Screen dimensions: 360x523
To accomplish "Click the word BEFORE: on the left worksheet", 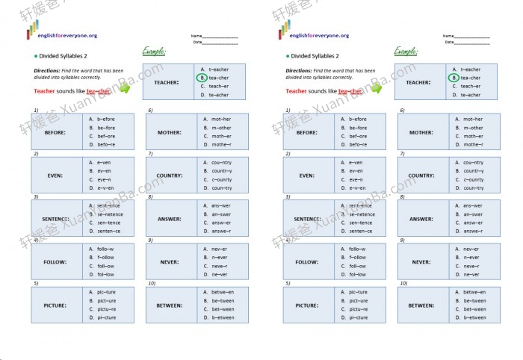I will click(55, 132).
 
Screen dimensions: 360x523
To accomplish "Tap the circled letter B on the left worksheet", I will click(201, 78).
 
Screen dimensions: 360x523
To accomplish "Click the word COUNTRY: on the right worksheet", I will click(421, 176).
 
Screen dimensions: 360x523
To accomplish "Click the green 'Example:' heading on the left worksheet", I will click(155, 51).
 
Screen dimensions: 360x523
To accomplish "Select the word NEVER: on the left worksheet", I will click(170, 262).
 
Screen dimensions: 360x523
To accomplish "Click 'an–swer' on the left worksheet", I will click(221, 214).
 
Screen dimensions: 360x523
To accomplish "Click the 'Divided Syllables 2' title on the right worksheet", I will click(315, 56).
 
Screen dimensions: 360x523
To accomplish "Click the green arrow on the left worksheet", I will click(125, 89).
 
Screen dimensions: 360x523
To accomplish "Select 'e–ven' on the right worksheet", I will click(356, 162).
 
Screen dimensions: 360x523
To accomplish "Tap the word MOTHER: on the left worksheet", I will click(170, 132).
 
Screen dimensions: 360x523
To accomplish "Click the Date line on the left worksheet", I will click(220, 43).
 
